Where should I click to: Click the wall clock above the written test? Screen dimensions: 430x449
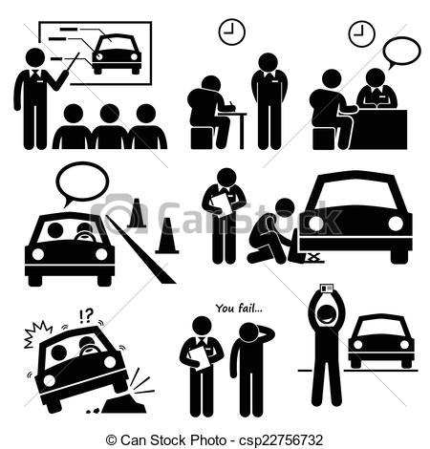point(232,32)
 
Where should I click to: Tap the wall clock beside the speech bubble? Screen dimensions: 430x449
point(362,33)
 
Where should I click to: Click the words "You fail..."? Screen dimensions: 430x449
point(239,309)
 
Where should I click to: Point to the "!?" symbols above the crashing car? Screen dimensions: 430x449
point(86,316)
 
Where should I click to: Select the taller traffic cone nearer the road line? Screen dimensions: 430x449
point(167,236)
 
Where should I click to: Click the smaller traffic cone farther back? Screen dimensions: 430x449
point(137,213)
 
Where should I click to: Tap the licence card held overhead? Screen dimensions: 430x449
point(326,289)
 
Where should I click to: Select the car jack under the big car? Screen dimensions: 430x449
point(313,258)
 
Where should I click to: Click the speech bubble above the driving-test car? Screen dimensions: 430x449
point(82,183)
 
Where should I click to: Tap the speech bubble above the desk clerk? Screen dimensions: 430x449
point(401,53)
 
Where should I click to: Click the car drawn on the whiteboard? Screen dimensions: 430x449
point(117,53)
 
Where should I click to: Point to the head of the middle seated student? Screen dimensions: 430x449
point(110,114)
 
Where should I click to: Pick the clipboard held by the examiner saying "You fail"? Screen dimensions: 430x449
point(200,360)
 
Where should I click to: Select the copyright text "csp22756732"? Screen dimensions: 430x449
point(281,440)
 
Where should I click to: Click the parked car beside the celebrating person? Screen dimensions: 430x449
point(381,341)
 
